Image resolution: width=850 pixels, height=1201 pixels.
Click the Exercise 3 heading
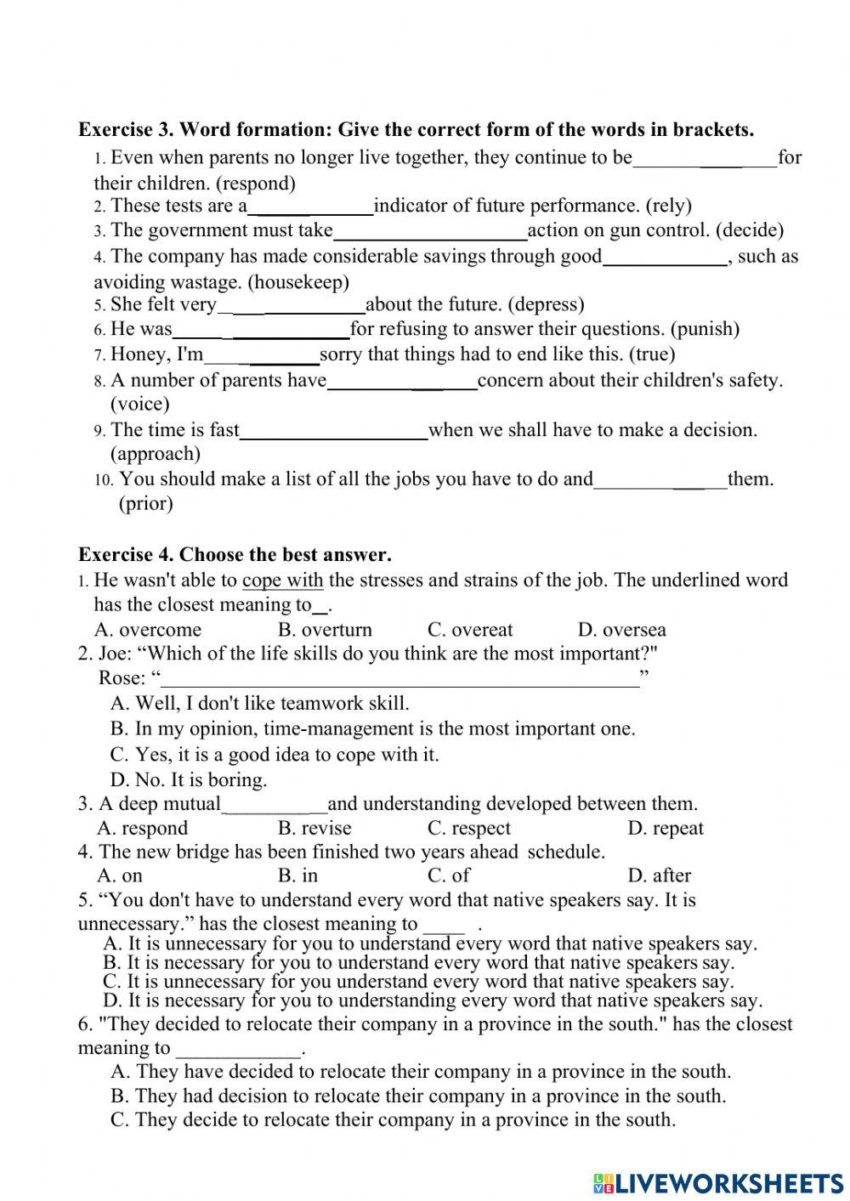(x=416, y=130)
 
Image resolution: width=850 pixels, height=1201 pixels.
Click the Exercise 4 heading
(x=235, y=555)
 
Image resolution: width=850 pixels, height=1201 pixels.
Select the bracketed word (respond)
(x=256, y=183)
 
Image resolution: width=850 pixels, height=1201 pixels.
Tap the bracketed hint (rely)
(x=669, y=206)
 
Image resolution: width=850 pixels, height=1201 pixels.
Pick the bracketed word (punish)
(x=705, y=329)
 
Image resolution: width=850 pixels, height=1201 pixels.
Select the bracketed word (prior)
(x=145, y=503)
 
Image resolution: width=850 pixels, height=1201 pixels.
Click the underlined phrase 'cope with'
(x=282, y=581)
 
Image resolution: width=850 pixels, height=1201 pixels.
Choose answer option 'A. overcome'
(x=149, y=630)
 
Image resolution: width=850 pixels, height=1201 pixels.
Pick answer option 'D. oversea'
(x=621, y=630)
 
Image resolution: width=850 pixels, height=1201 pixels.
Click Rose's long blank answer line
(x=399, y=679)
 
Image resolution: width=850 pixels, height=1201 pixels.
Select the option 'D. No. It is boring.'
(x=189, y=779)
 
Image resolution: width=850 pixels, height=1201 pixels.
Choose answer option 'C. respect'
(x=469, y=829)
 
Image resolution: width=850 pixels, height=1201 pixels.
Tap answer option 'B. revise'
(x=314, y=829)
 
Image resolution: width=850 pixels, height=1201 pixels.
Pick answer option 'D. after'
(x=659, y=875)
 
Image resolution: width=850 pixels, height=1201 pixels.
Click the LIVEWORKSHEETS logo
(x=719, y=1183)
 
